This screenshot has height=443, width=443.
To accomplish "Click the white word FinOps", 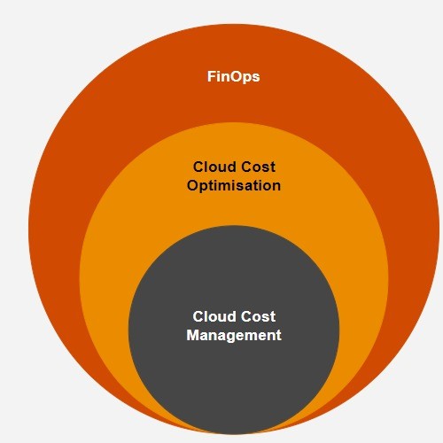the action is [x=233, y=77].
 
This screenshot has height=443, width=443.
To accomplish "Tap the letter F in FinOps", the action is [x=211, y=76].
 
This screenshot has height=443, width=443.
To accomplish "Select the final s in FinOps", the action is [x=256, y=78].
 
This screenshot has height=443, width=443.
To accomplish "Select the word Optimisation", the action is [x=234, y=186].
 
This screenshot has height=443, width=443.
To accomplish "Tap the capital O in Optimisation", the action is [x=192, y=185].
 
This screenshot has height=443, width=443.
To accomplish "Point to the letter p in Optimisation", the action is [x=206, y=187].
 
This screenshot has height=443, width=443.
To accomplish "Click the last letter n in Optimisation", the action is [x=276, y=187].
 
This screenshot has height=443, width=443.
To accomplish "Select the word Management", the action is [x=234, y=336].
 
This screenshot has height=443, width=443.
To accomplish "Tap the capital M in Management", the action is [x=192, y=335].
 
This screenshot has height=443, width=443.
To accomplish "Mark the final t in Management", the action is [x=278, y=336].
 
